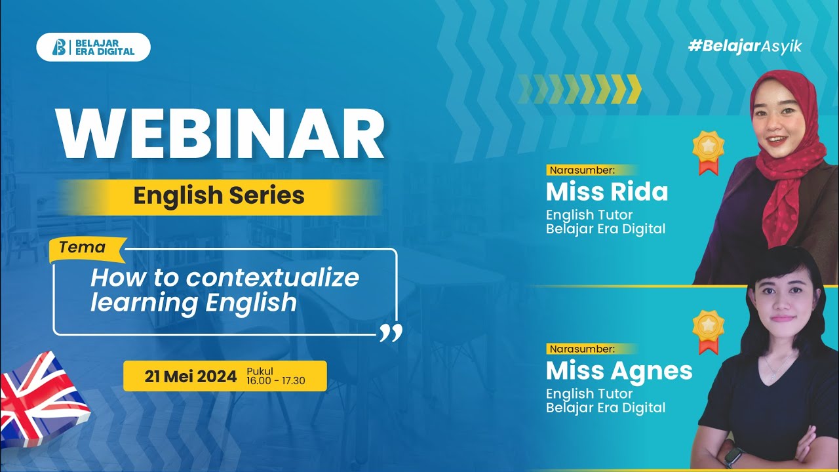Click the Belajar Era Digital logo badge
click(93, 47)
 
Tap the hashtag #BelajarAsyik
click(745, 46)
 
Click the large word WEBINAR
click(220, 135)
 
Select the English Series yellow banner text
click(219, 195)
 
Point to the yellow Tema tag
click(83, 248)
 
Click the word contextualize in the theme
click(272, 277)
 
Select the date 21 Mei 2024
click(191, 377)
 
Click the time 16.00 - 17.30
click(276, 381)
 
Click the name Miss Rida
click(606, 191)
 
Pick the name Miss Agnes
click(619, 370)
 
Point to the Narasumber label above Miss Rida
click(582, 170)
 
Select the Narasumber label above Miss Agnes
click(582, 349)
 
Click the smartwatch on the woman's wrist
click(733, 455)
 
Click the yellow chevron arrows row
click(579, 89)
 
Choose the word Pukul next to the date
click(260, 371)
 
